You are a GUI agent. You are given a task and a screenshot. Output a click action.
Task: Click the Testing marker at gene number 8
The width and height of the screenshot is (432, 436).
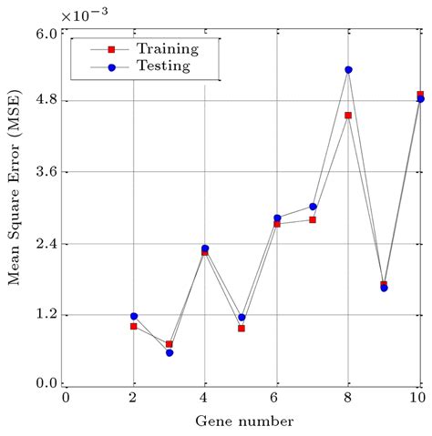click(348, 70)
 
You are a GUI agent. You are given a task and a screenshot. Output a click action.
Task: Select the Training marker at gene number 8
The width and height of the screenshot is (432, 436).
click(348, 116)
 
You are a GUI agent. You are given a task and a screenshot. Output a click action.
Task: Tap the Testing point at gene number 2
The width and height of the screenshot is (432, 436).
click(134, 316)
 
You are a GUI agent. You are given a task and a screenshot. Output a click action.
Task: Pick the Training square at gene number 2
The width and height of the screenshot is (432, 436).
click(134, 326)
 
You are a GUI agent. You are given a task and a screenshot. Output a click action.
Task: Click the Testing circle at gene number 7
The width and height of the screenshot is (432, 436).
click(313, 207)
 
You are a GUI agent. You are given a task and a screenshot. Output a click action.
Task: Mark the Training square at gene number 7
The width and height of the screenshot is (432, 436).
click(313, 219)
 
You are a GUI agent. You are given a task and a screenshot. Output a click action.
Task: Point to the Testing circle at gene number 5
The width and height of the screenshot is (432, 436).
click(242, 318)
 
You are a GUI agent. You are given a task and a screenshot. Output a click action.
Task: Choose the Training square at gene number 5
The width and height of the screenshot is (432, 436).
click(242, 329)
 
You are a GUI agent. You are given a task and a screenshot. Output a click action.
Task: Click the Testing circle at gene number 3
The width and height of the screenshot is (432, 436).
click(170, 352)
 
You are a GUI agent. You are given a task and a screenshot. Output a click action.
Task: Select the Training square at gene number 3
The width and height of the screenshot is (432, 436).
click(170, 344)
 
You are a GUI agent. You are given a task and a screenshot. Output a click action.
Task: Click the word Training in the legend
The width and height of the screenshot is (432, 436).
click(168, 48)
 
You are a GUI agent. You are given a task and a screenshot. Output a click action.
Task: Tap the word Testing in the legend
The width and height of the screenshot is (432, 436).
click(163, 66)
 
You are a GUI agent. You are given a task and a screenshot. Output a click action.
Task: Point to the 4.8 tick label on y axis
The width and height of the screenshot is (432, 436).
click(46, 100)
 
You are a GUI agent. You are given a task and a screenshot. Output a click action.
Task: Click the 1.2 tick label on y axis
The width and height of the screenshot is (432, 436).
click(46, 315)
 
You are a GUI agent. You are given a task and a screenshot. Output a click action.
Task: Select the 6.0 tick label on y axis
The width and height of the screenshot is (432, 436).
click(46, 34)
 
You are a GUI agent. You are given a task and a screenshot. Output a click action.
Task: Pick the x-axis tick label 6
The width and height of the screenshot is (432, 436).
click(277, 398)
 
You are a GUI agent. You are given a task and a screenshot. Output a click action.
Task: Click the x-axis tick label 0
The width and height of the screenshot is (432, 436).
click(66, 398)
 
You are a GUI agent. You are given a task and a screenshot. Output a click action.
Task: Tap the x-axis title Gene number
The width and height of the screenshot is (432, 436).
click(244, 421)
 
